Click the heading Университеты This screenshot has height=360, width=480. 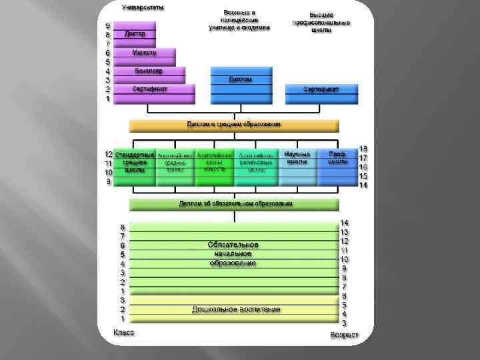click(x=143, y=7)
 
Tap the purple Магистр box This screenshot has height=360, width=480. click(x=145, y=52)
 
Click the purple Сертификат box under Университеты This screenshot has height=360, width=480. click(x=150, y=89)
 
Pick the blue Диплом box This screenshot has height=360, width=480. click(x=241, y=79)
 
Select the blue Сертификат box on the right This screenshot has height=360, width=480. click(x=321, y=89)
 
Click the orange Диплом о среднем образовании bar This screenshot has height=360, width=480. click(x=234, y=125)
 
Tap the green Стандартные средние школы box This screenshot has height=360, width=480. click(x=135, y=162)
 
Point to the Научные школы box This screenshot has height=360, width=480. click(x=297, y=158)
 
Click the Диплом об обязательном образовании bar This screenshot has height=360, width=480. click(x=234, y=203)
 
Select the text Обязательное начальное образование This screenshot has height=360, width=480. click(x=233, y=254)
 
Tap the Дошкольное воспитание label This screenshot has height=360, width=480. click(x=236, y=310)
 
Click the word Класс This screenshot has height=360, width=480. click(x=123, y=332)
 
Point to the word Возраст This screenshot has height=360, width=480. click(x=344, y=335)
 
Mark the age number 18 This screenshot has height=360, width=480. click(x=363, y=149)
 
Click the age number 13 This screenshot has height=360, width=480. click(x=345, y=231)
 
